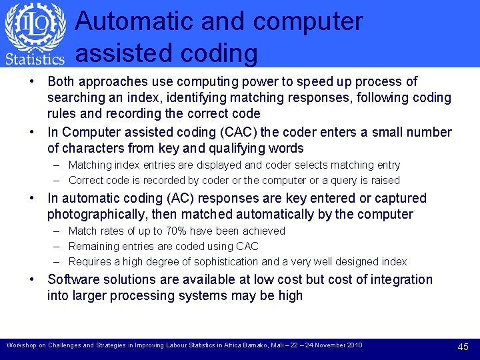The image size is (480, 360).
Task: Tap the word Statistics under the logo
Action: click(35, 59)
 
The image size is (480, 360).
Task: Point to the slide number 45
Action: click(463, 346)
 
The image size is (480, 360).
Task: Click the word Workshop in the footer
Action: click(21, 345)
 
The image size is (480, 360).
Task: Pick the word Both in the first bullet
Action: click(61, 81)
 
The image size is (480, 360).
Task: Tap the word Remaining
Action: click(93, 246)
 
